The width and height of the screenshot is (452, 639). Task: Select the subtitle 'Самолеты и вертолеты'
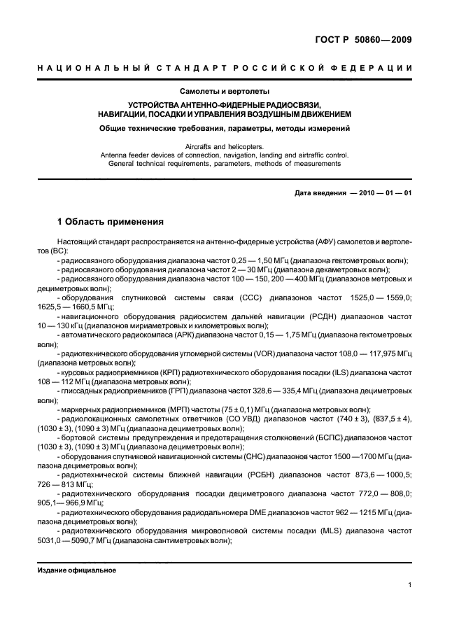click(x=225, y=91)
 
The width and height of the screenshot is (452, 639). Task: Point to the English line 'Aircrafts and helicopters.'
click(x=225, y=146)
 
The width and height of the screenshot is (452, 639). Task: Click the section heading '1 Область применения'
click(x=110, y=222)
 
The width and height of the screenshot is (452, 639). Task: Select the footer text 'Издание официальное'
click(x=76, y=570)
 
